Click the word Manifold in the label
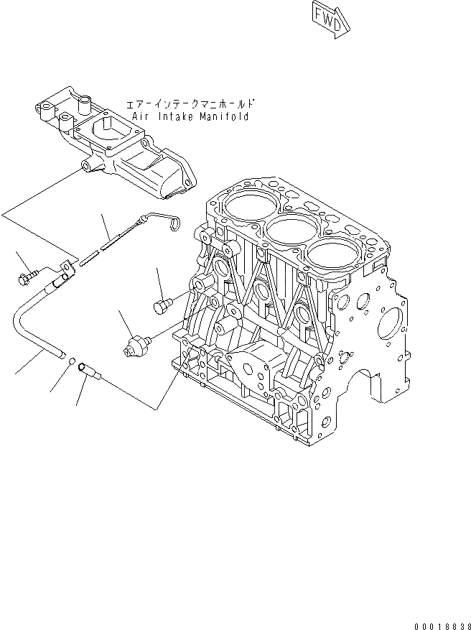coord(224,116)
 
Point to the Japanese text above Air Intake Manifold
coord(191,104)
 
